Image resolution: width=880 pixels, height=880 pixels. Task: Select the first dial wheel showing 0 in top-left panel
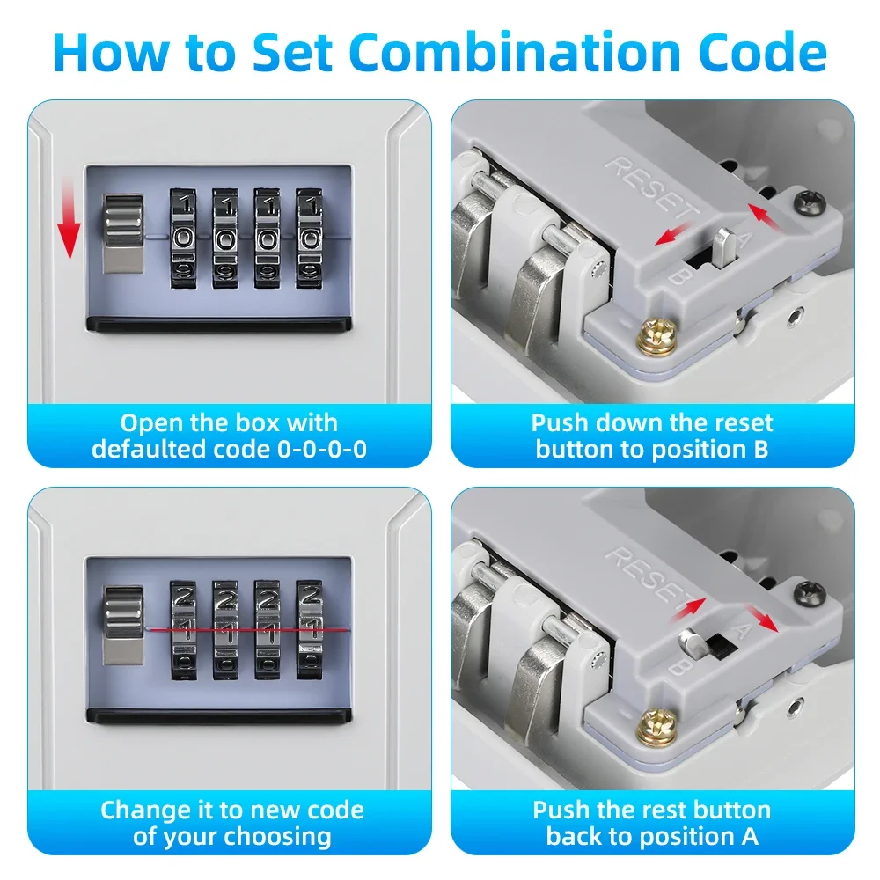[185, 238]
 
